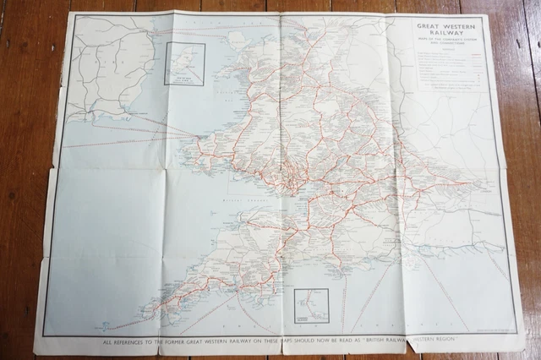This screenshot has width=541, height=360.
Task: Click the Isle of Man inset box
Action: click(x=184, y=63)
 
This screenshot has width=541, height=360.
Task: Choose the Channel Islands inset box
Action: click(x=311, y=305)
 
